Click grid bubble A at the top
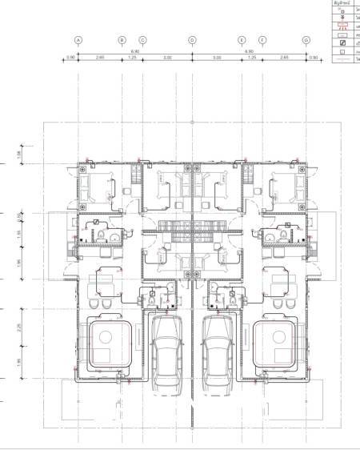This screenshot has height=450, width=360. click(x=78, y=39)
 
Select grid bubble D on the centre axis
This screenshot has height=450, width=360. click(x=192, y=39)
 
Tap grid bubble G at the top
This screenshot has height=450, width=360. click(x=306, y=39)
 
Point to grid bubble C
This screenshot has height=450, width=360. click(x=142, y=39)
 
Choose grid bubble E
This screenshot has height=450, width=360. click(x=242, y=39)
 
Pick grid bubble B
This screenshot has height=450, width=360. click(x=122, y=39)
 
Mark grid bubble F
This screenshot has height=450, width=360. click(x=262, y=39)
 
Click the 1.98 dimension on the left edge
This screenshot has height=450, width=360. click(x=19, y=155)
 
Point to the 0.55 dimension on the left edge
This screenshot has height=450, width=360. click(x=19, y=215)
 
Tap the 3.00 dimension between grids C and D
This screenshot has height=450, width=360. click(x=167, y=58)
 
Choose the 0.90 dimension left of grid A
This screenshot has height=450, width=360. click(x=70, y=58)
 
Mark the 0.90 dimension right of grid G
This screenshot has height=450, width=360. click(x=314, y=58)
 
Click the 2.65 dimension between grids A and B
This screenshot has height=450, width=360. click(x=100, y=58)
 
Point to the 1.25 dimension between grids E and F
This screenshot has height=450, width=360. click(x=251, y=58)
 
